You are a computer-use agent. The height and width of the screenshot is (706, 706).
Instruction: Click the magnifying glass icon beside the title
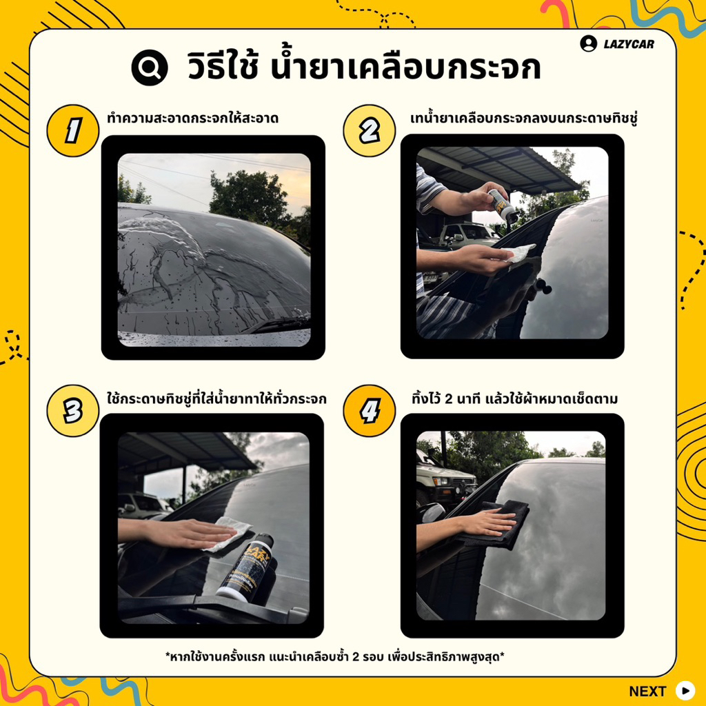tap(150, 68)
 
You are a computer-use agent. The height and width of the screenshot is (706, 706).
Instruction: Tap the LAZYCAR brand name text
tap(629, 44)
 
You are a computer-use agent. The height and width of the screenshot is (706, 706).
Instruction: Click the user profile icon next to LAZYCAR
tap(589, 43)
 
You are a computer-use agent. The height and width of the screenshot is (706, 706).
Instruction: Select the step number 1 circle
tap(73, 130)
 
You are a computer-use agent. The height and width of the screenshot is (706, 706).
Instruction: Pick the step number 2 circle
tap(370, 130)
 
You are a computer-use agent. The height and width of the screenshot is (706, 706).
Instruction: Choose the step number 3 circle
tap(73, 411)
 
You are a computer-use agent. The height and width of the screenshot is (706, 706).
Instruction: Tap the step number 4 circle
tap(370, 411)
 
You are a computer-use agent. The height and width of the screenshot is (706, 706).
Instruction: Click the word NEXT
tap(647, 691)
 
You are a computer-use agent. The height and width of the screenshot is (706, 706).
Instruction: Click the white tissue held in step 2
tap(518, 253)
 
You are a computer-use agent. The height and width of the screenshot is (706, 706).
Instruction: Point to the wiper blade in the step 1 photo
tap(276, 324)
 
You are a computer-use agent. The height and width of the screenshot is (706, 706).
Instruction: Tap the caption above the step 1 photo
tap(193, 119)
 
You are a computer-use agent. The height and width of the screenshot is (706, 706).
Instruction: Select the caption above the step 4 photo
tap(514, 399)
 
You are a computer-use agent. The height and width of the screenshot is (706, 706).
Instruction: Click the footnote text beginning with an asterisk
tap(334, 656)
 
